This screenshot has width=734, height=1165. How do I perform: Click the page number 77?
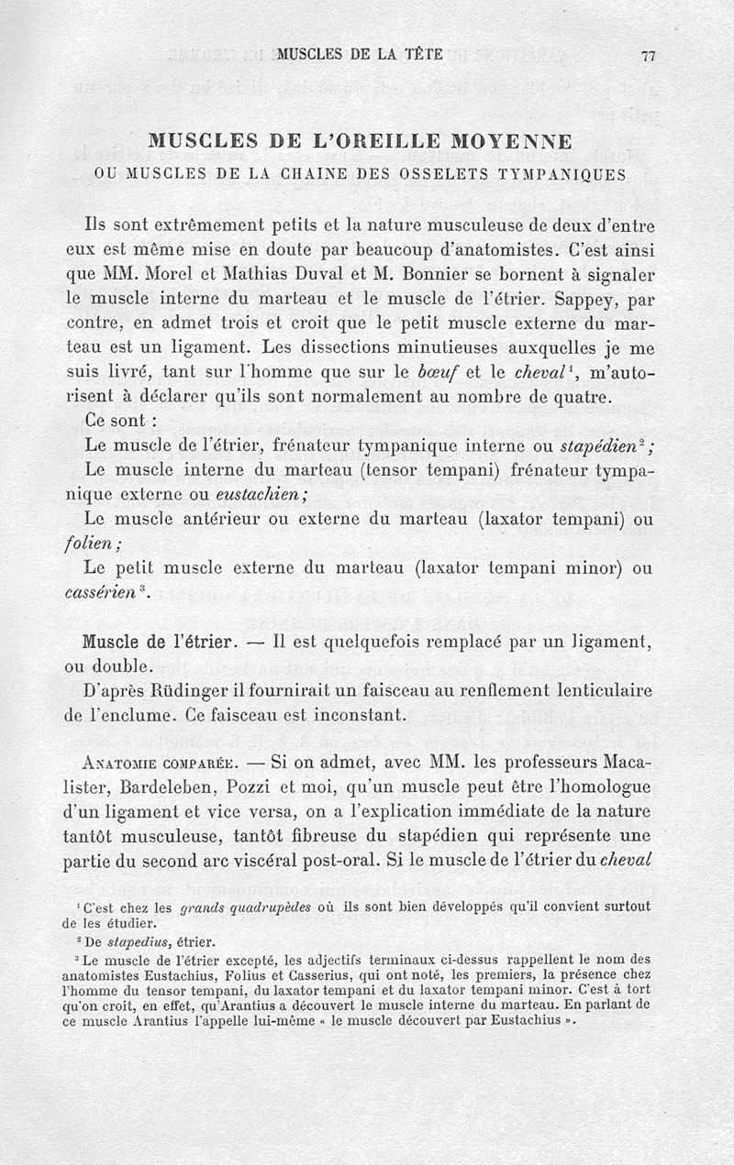pyautogui.click(x=648, y=55)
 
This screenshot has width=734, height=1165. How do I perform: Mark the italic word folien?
pyautogui.click(x=107, y=544)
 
